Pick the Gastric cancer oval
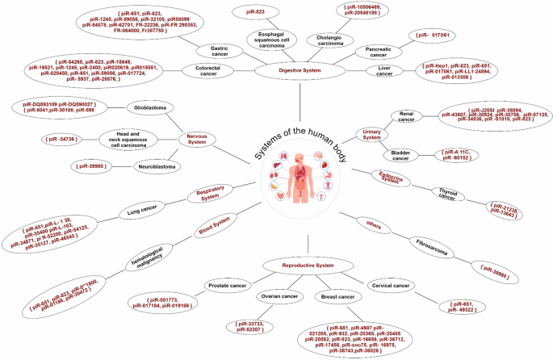[x=213, y=48]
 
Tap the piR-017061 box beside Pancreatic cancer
[x=435, y=36]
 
